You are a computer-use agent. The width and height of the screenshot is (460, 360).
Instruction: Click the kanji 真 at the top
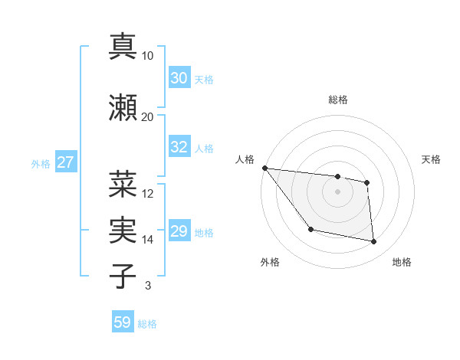coord(123,46)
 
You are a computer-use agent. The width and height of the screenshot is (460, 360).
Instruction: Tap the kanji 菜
coord(123,184)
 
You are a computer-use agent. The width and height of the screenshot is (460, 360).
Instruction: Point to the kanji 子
coord(123,276)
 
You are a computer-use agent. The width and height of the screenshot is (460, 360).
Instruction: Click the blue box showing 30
coord(179,77)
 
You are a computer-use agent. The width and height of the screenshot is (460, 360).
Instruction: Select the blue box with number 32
coord(179,147)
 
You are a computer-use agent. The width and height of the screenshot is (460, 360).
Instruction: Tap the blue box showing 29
coord(179,231)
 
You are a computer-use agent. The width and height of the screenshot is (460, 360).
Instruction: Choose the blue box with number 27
coord(66,162)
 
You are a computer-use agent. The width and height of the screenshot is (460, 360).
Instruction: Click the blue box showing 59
coord(123,322)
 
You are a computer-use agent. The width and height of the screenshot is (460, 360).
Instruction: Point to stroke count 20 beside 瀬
coord(148,116)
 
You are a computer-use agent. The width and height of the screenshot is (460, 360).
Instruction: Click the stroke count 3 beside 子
coord(148,286)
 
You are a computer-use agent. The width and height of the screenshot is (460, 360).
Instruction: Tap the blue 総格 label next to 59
coord(147,324)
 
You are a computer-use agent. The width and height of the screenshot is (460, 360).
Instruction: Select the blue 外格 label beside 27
coord(41,163)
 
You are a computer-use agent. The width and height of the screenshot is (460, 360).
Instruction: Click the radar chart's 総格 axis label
coord(337,100)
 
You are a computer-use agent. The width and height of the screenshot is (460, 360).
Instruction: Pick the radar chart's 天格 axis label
coord(432,159)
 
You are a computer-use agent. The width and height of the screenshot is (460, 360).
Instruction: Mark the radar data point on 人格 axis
coord(264,168)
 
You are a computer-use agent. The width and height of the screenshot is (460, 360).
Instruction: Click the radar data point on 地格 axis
coord(374,242)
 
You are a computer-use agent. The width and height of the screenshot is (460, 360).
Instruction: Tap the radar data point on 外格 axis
coord(310,229)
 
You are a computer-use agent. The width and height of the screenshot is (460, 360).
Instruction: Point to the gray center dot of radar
coord(337,191)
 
